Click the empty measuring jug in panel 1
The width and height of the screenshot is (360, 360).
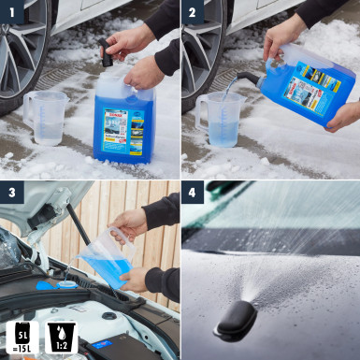tap(48, 117)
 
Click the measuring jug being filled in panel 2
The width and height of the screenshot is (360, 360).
tap(223, 120)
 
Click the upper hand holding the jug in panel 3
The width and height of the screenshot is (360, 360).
tap(130, 223)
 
